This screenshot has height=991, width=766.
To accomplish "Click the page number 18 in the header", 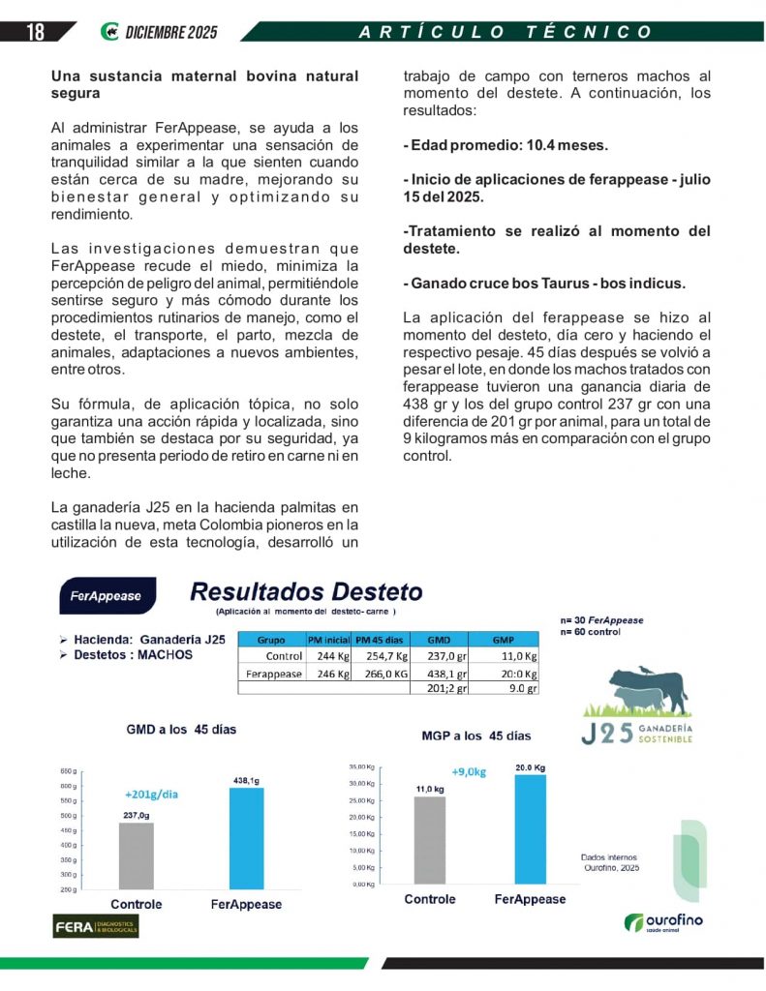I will [x=35, y=32].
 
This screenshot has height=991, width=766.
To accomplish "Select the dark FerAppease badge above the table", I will [x=105, y=596].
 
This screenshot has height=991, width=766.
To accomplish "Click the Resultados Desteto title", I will [x=306, y=591].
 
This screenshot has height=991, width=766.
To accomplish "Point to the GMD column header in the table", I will [x=439, y=640].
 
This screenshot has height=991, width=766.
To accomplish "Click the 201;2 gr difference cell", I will [x=446, y=689].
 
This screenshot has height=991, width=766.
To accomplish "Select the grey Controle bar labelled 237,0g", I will [x=136, y=856].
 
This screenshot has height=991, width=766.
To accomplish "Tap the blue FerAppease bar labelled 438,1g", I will [x=246, y=838].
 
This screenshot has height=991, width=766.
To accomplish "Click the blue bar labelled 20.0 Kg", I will [x=530, y=828].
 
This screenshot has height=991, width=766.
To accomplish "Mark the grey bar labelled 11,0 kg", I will [x=429, y=839].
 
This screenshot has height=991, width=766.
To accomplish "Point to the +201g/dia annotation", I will [x=151, y=795].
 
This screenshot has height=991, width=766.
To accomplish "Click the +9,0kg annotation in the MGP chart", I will [x=470, y=772].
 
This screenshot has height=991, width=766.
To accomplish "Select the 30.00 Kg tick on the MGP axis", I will [x=363, y=783].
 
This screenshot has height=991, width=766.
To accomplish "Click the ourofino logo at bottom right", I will [x=663, y=922].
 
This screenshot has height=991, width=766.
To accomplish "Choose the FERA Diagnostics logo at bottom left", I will [x=95, y=926].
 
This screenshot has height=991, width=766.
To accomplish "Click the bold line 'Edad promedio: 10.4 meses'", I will [x=505, y=146].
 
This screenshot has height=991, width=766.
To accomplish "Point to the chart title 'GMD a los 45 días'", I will [x=181, y=729].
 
